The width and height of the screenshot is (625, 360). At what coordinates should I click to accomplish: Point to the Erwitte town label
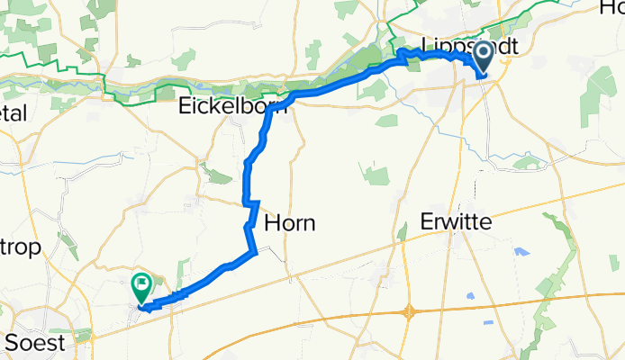click(459, 221)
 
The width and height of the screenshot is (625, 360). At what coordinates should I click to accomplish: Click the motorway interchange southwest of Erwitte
click(411, 312)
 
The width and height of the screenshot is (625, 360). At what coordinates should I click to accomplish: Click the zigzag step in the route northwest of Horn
click(251, 204)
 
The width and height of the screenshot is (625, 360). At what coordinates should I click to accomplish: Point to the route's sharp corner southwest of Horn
click(256, 253)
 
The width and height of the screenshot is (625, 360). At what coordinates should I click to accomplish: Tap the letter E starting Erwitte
click(429, 221)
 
